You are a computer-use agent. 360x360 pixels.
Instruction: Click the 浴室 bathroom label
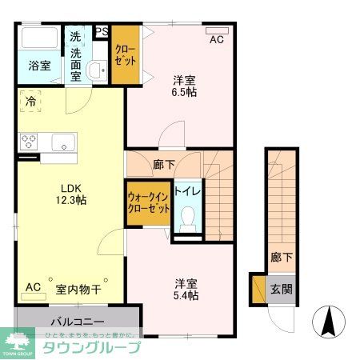coord(40,66)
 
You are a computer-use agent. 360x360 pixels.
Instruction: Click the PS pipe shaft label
coord(102,32)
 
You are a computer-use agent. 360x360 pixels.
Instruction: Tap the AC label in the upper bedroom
coord(216,39)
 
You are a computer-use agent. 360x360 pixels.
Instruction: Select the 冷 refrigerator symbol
coord(30,102)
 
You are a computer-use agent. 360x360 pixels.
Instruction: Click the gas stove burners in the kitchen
coord(30,142)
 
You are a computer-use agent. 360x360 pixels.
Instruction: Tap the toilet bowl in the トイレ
coord(190,217)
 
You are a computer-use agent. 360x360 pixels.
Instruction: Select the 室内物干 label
coord(78,288)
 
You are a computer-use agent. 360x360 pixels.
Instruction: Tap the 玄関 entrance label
coord(280,289)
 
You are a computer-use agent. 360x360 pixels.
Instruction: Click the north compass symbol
coord(328,322)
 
